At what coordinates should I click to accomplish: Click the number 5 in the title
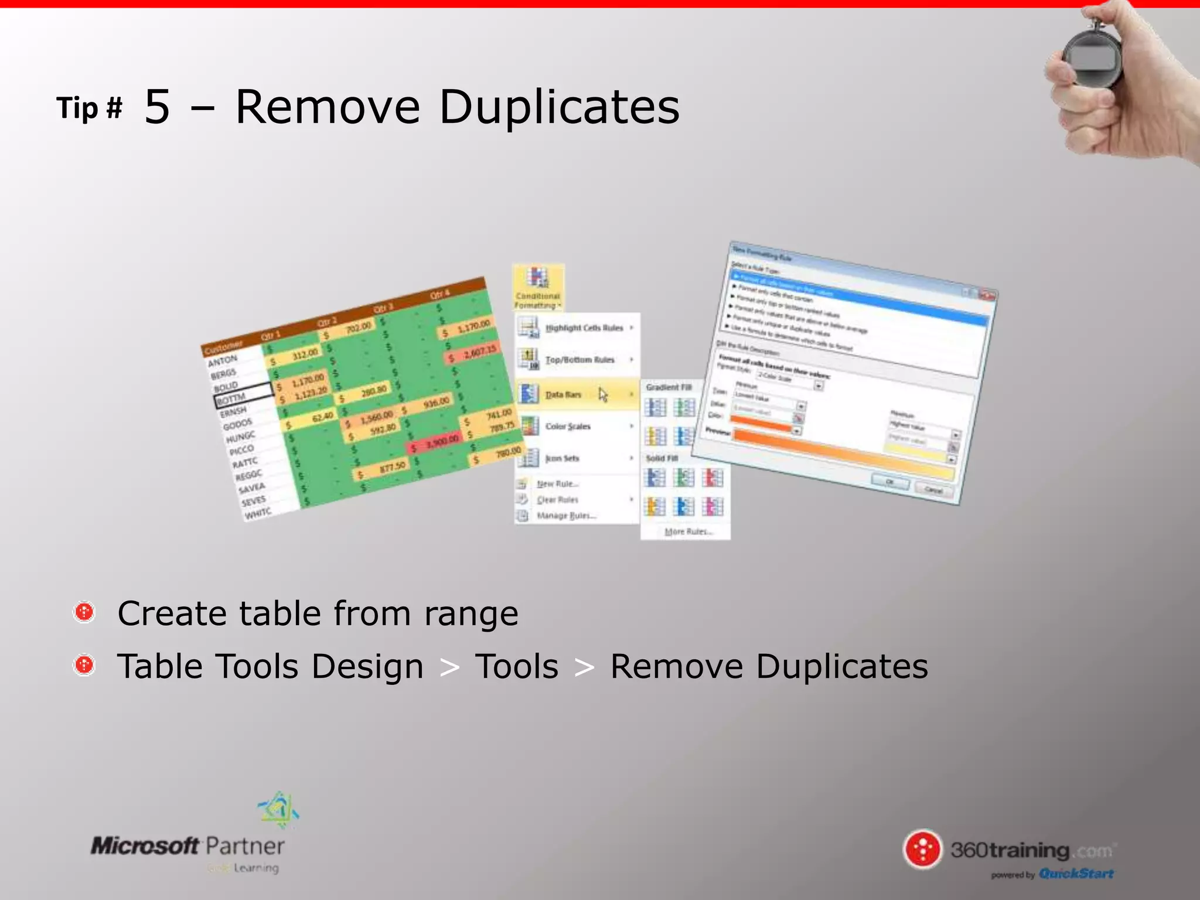pos(157,107)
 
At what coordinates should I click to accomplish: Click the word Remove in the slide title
pos(328,107)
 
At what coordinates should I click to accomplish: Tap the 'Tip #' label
pos(90,108)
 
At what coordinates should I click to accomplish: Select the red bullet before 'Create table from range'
pos(84,612)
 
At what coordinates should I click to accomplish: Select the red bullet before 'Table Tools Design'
pos(84,665)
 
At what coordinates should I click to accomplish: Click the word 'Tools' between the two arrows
pos(517,667)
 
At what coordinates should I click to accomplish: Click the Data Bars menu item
pos(563,394)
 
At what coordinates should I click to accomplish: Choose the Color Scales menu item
pos(568,426)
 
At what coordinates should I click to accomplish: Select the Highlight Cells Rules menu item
pos(584,328)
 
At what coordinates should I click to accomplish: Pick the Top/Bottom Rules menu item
pos(579,359)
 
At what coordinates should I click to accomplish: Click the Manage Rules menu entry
pos(566,516)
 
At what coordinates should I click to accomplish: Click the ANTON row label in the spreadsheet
pos(223,360)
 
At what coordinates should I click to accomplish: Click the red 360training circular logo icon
pos(922,849)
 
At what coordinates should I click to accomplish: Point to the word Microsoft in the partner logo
pos(145,846)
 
